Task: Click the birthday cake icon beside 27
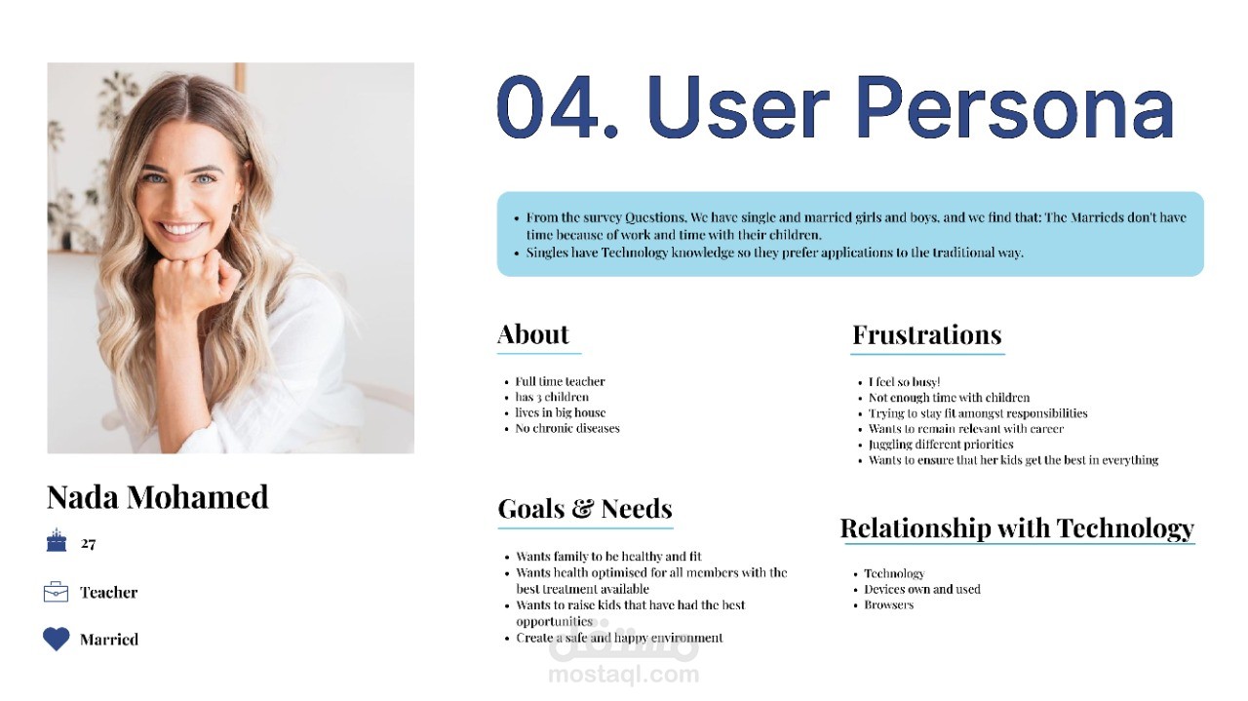point(57,540)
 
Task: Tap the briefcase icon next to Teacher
point(56,592)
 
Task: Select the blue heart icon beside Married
point(57,639)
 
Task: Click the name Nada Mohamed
point(158,496)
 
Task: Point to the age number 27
point(88,543)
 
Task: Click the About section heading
point(533,334)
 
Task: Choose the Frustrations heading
point(927,334)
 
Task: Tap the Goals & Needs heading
point(585,508)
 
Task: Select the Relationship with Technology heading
point(1017,528)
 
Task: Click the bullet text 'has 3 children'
point(552,397)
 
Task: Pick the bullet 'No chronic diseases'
point(567,428)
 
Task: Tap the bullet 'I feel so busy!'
point(904,382)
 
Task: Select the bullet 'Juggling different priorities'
point(941,445)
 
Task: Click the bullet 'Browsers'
point(888,604)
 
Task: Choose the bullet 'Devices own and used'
point(922,589)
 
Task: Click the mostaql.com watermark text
point(624,674)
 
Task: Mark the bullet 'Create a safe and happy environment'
point(619,638)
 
